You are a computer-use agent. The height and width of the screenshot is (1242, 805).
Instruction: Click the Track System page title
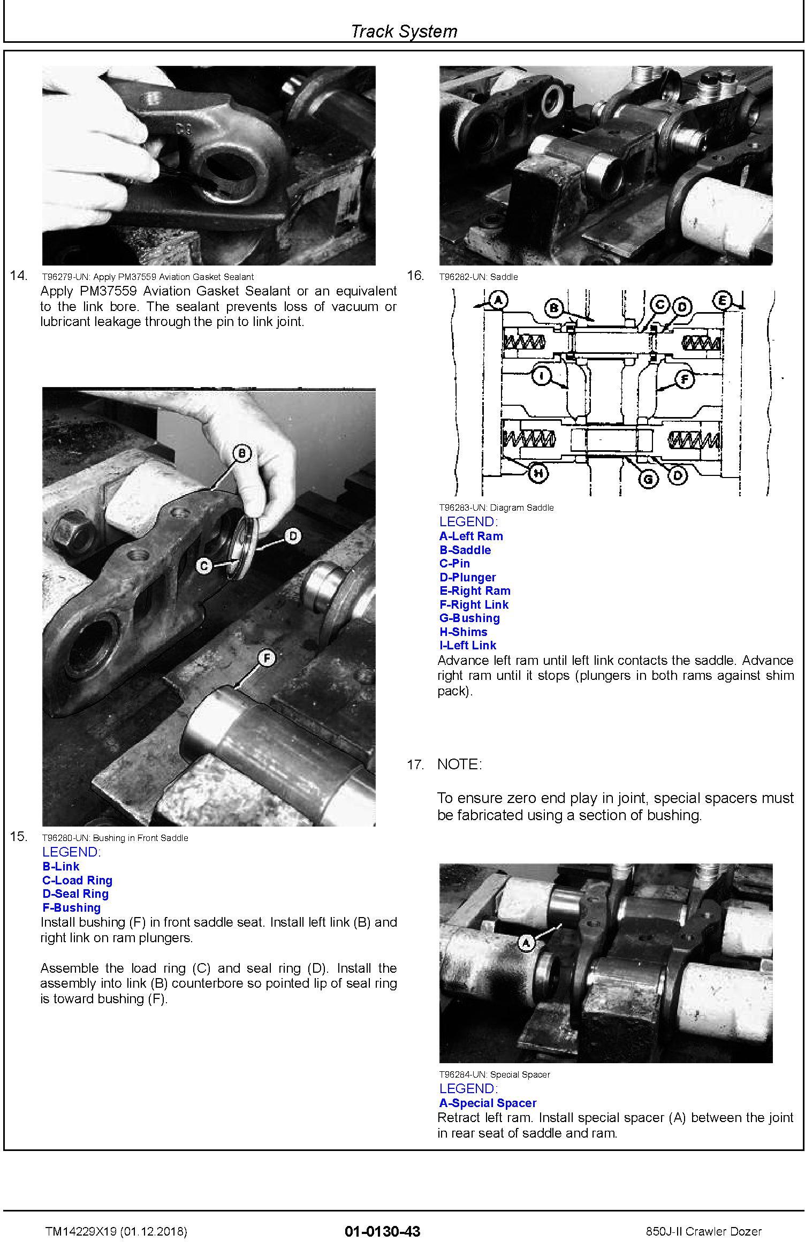click(x=404, y=31)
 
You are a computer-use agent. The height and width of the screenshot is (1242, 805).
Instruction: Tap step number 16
click(x=415, y=275)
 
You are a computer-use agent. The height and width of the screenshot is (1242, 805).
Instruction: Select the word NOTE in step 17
click(x=459, y=764)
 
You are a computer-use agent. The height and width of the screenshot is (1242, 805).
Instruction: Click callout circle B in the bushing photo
click(x=242, y=454)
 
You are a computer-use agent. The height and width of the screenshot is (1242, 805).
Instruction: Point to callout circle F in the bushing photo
click(x=266, y=658)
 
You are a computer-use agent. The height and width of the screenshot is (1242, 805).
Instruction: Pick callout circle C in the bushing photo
click(x=203, y=565)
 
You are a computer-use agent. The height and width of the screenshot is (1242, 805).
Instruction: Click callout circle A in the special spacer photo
click(x=527, y=943)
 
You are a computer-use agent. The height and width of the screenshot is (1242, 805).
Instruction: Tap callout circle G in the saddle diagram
click(x=649, y=478)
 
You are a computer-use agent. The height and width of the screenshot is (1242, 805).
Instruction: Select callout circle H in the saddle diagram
click(x=539, y=473)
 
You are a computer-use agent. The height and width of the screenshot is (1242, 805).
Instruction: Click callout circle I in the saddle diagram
click(x=542, y=376)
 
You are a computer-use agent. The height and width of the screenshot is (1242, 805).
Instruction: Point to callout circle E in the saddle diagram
click(x=723, y=301)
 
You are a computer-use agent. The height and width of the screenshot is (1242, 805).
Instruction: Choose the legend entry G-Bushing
click(x=469, y=618)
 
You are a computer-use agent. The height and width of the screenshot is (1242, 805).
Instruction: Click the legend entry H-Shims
click(x=463, y=632)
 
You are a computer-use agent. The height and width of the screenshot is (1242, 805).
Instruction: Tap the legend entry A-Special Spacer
click(x=488, y=1103)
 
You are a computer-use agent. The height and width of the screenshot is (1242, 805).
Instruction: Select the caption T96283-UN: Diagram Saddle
click(x=496, y=508)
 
